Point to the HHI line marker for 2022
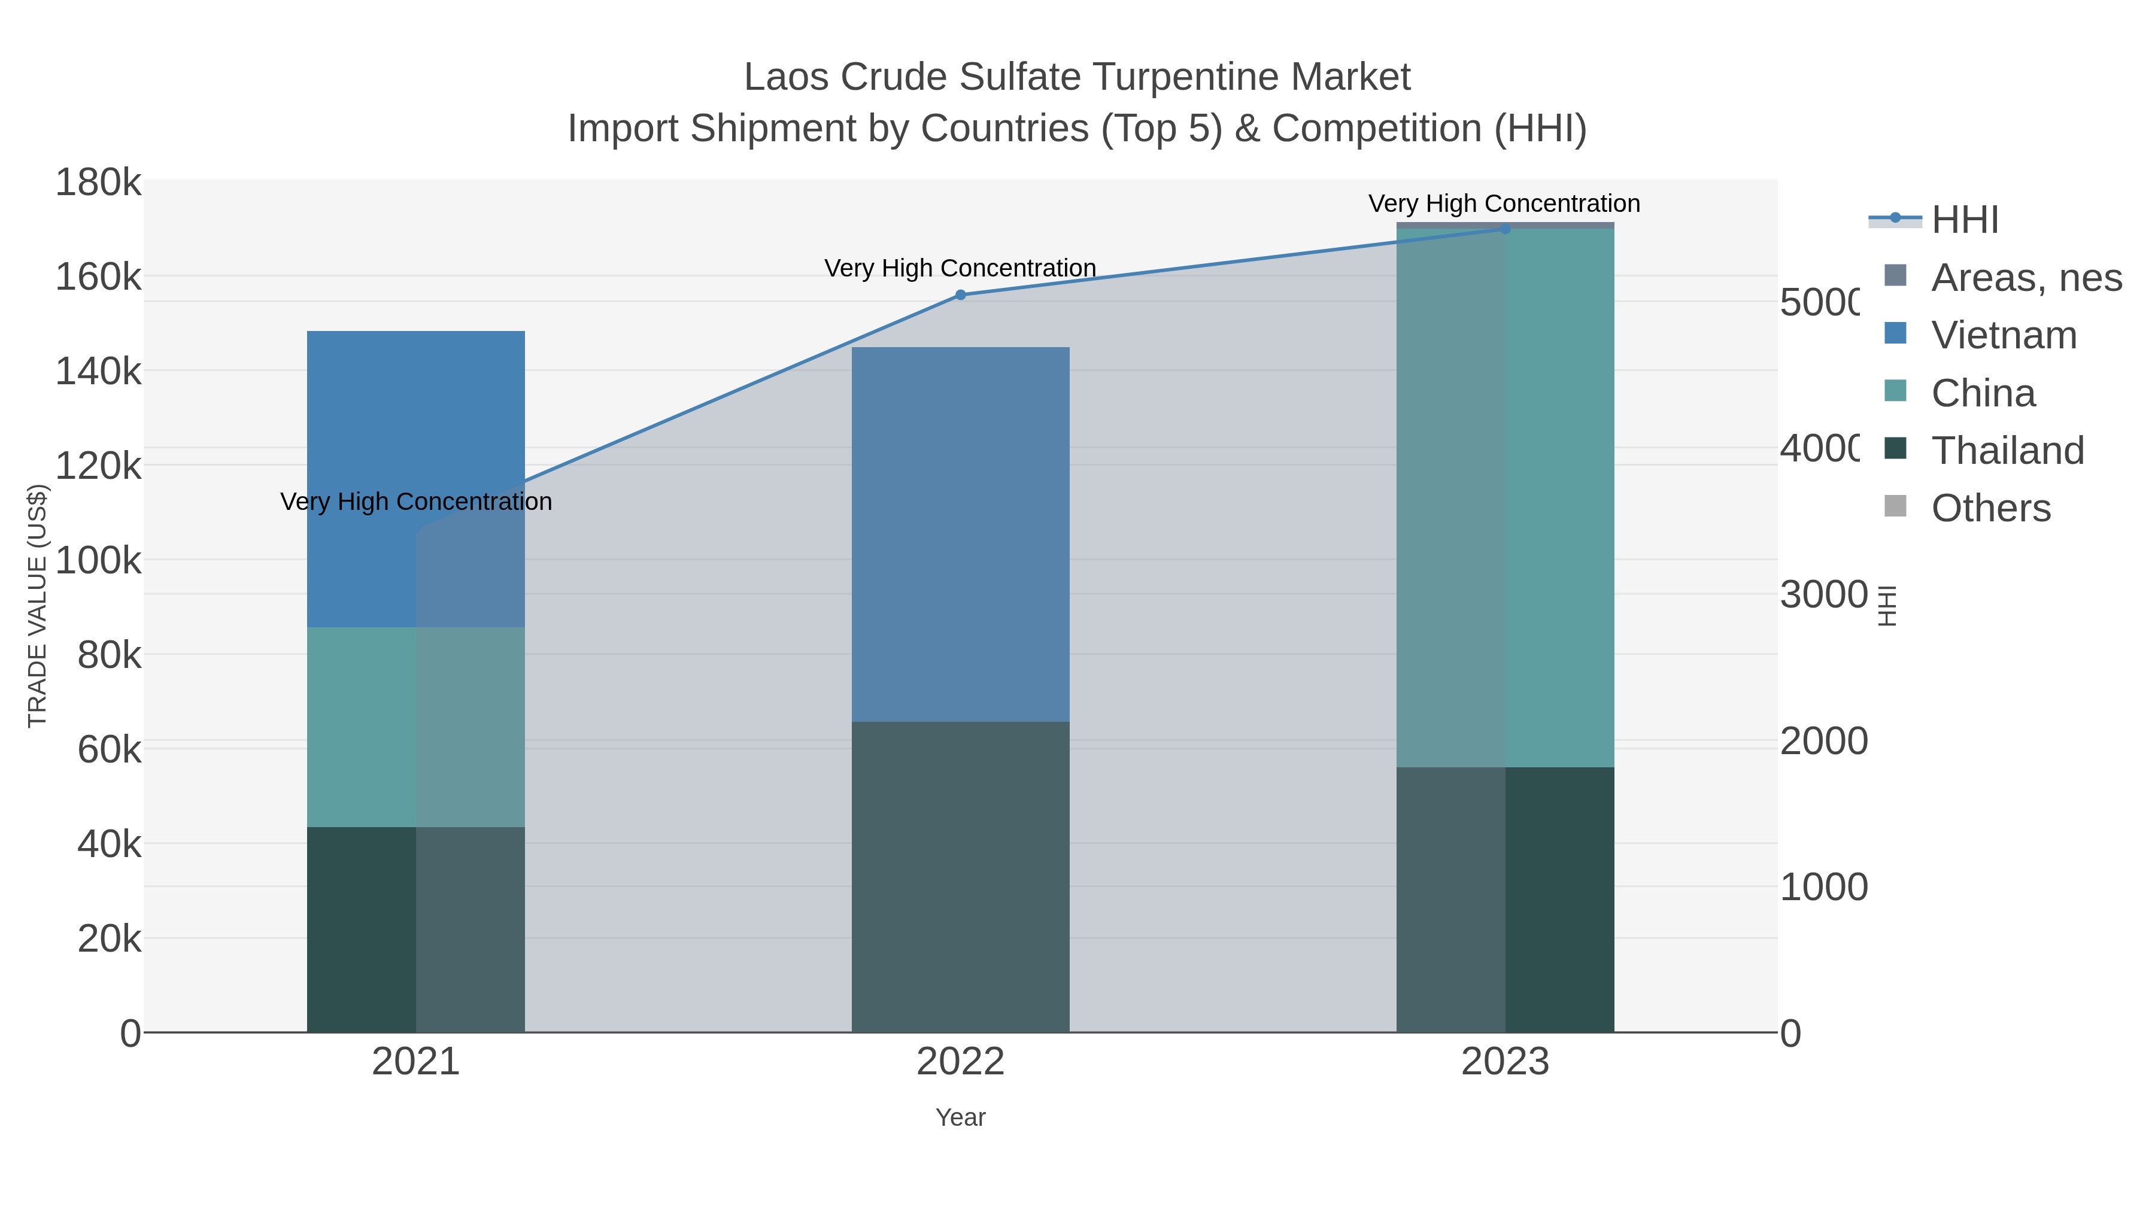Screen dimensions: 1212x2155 (960, 295)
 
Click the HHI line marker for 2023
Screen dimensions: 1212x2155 (1505, 229)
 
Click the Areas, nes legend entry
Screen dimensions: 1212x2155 (2025, 278)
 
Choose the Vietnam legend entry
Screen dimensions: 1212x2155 (2004, 335)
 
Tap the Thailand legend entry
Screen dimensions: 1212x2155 (2007, 451)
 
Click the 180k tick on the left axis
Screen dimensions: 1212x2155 (99, 183)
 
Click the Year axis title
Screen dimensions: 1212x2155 (960, 1117)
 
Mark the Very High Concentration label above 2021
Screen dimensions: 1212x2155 (416, 502)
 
